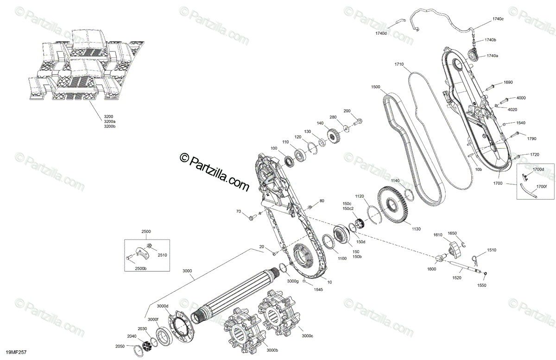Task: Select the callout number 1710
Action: pyautogui.click(x=399, y=64)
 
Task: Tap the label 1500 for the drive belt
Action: pyautogui.click(x=375, y=87)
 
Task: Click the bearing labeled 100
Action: pyautogui.click(x=290, y=161)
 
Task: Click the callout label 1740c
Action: pyautogui.click(x=498, y=19)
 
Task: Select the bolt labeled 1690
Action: pyautogui.click(x=491, y=86)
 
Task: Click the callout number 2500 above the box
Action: pyautogui.click(x=146, y=231)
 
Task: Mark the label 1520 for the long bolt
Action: pyautogui.click(x=456, y=278)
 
